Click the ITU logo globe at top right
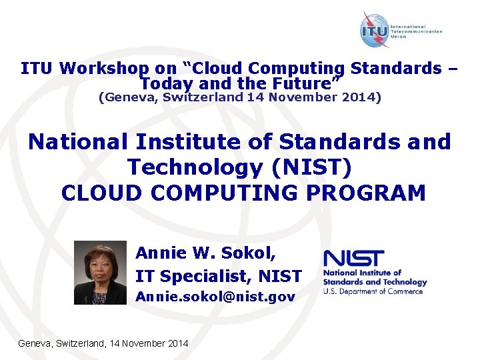tap(375, 30)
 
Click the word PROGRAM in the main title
tap(360, 193)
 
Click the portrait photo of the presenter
tap(99, 273)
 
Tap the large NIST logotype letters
tap(353, 259)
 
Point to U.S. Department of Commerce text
tap(373, 291)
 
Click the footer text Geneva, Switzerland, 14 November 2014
tap(103, 343)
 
